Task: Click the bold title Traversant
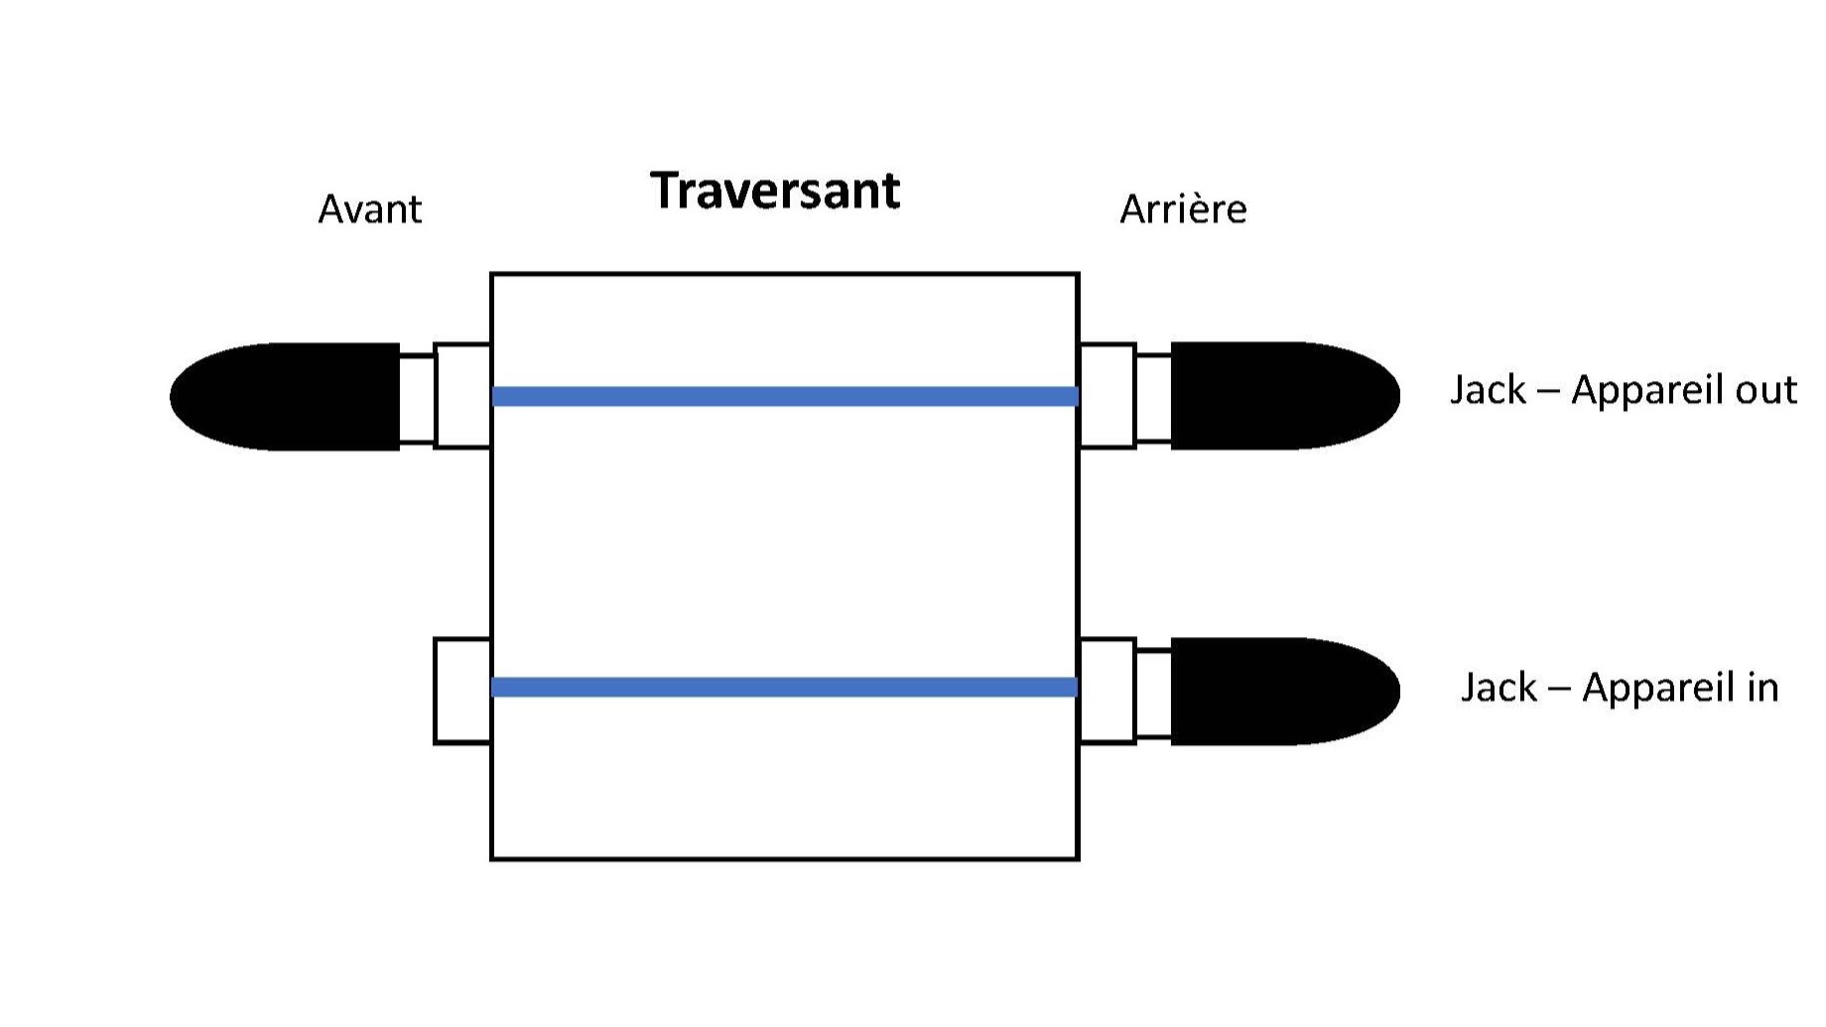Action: pos(775,191)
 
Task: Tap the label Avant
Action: pos(370,209)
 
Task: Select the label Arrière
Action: pos(1183,209)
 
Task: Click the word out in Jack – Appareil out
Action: pos(1766,390)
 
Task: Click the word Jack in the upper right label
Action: pos(1488,390)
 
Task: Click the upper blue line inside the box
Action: pos(785,397)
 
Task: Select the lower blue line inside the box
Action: pos(785,687)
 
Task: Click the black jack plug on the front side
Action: pos(285,397)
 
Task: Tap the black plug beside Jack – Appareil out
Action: pos(1285,396)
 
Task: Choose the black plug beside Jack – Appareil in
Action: pos(1285,692)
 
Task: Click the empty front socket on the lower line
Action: pos(462,691)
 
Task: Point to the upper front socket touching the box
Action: pos(462,396)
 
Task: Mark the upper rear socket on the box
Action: pos(1108,396)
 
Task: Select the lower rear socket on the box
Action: pos(1108,691)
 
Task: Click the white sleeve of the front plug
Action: pos(417,398)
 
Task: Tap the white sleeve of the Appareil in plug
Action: pos(1153,693)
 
